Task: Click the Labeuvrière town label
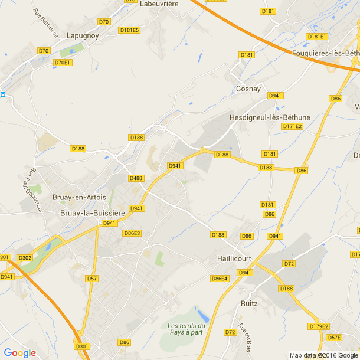tap(159, 4)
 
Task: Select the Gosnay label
tap(248, 89)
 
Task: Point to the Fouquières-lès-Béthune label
tap(326, 53)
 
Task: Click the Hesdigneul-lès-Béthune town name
tap(270, 117)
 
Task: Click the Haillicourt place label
tap(234, 258)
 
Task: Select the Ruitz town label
tap(249, 303)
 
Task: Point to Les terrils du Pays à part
tap(185, 329)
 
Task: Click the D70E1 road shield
tap(63, 63)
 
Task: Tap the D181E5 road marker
tap(129, 30)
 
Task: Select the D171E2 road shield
tap(292, 126)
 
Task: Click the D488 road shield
tap(136, 178)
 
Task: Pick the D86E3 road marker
tap(132, 233)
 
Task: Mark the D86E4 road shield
tap(220, 279)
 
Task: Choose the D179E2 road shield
tap(319, 326)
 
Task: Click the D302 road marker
tap(25, 258)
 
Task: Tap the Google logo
tap(19, 353)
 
